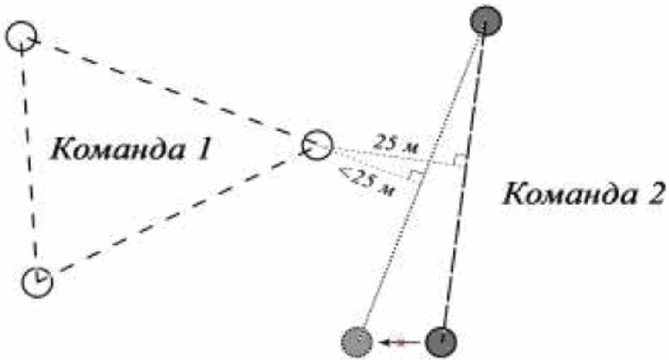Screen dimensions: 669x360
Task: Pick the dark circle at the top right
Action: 485,20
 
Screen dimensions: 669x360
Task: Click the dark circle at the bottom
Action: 441,341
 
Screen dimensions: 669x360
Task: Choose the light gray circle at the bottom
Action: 357,341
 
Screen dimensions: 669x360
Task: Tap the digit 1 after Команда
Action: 203,150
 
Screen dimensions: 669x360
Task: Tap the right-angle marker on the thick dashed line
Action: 459,161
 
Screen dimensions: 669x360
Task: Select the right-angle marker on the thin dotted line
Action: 417,176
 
